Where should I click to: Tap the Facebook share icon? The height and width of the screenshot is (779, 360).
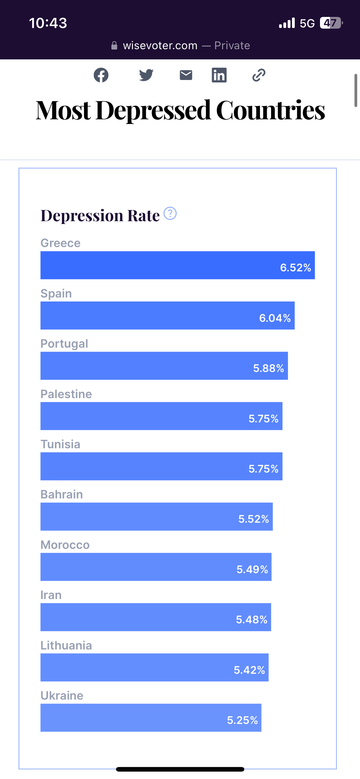101,75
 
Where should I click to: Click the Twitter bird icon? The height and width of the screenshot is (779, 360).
146,75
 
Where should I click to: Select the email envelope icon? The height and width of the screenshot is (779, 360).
186,75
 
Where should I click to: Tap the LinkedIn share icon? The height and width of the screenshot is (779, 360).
219,75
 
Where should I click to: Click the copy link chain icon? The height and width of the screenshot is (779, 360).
259,75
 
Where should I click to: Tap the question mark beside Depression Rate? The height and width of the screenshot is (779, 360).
170,214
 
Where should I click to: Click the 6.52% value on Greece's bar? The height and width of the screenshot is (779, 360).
295,268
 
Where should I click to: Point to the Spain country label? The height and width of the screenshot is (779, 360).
56,294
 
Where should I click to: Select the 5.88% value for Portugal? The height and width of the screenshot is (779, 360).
268,368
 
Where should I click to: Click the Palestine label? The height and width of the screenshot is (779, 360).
66,394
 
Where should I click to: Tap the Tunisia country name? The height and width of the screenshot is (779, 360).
60,444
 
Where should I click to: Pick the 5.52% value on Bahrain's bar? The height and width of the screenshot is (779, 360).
254,519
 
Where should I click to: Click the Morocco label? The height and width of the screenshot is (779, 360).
65,545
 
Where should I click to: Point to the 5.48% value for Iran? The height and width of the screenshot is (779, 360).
252,620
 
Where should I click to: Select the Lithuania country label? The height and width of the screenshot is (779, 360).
66,645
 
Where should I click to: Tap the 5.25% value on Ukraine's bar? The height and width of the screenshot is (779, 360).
242,720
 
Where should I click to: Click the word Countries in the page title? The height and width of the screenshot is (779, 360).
270,110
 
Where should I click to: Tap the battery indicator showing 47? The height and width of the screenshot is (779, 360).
331,23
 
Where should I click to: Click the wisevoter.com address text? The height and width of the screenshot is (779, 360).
160,46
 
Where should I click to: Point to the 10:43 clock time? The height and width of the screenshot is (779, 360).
48,23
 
